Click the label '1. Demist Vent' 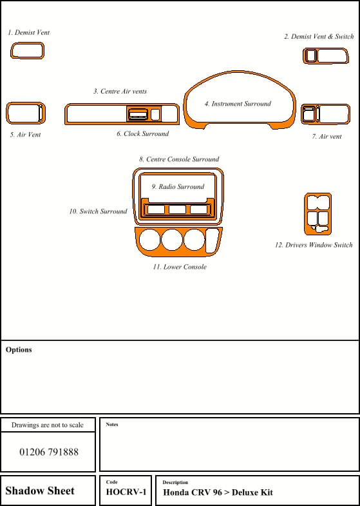point(29,32)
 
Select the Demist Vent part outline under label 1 point(12,52)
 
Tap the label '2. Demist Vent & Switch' point(319,37)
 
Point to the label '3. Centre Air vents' point(120,92)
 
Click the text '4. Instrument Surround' point(238,104)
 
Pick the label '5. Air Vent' point(26,135)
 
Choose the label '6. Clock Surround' point(142,133)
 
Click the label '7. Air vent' point(327,137)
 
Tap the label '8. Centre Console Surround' point(179,159)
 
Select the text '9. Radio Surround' point(178,186)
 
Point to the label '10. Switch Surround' point(98,211)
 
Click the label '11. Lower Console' point(180,267)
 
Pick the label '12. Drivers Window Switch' point(314,245)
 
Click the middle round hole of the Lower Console point(172,240)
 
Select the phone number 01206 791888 point(49,452)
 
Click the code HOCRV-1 point(126,492)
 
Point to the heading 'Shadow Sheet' point(40,491)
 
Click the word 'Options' point(19,350)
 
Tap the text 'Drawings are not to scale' point(48,425)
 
